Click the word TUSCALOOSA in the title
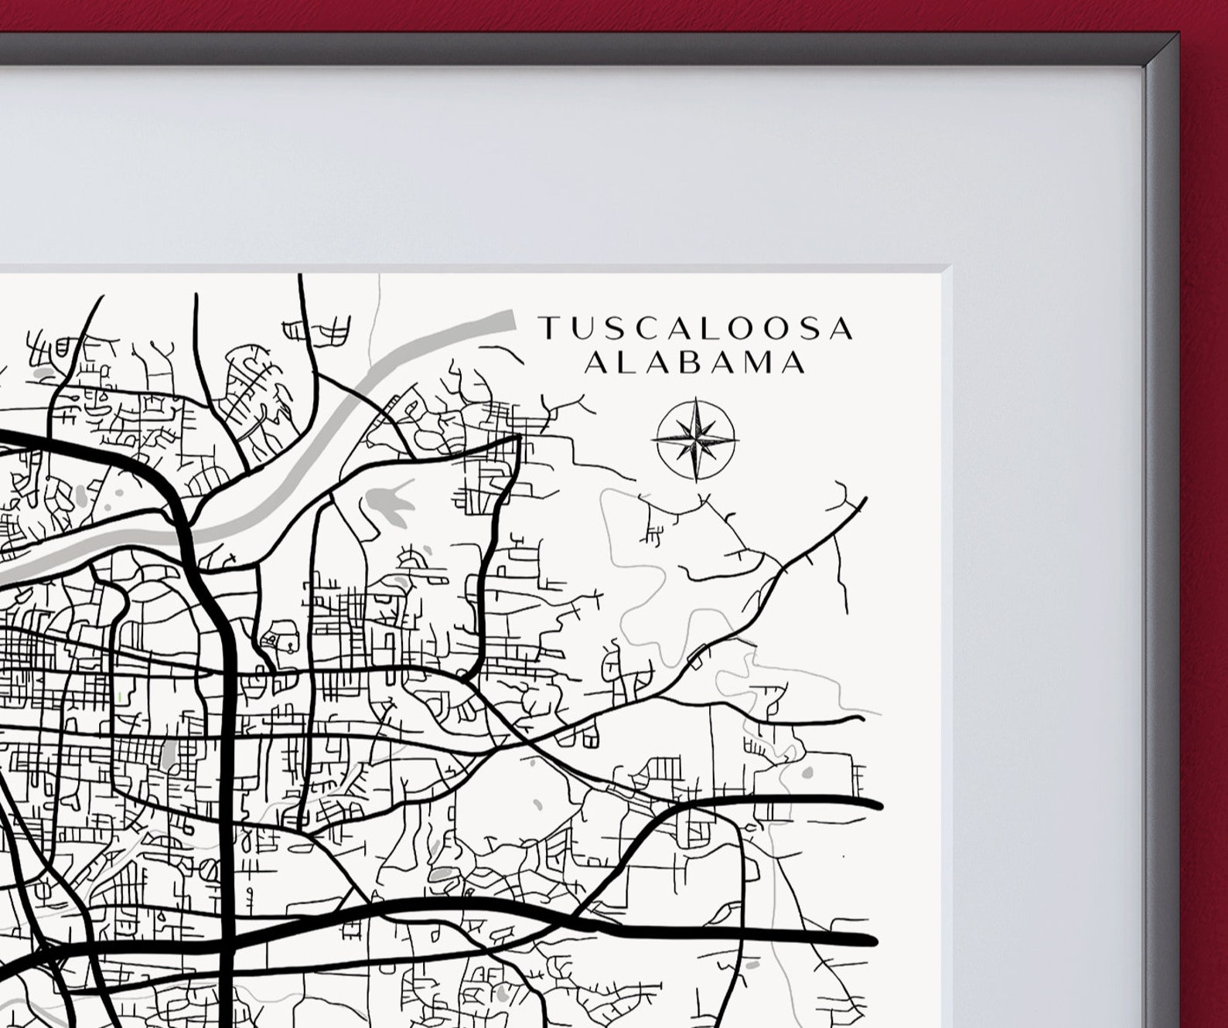(x=696, y=328)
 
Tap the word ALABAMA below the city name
(x=694, y=363)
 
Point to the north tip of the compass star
(x=695, y=400)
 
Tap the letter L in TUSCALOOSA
(x=708, y=328)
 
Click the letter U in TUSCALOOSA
(x=580, y=328)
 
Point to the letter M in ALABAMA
(x=761, y=363)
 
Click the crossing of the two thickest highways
(x=227, y=940)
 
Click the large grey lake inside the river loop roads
(x=387, y=502)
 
